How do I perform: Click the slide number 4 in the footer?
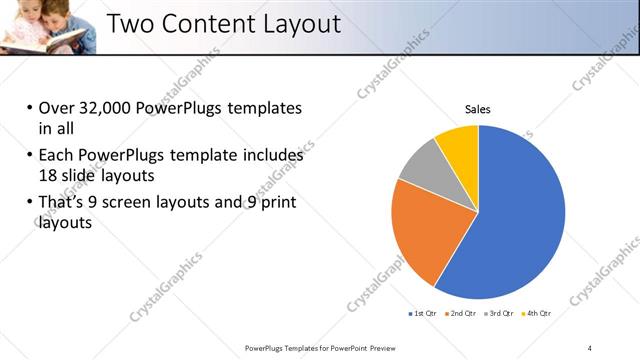pyautogui.click(x=589, y=347)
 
